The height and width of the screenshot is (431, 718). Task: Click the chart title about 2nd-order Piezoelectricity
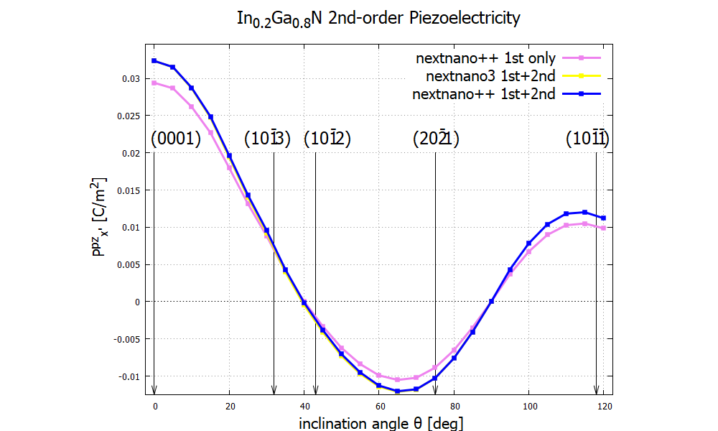[378, 19]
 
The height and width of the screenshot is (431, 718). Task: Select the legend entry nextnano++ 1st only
[486, 58]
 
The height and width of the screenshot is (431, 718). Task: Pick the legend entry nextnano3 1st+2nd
[490, 76]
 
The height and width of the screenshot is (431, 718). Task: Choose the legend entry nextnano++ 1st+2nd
[483, 94]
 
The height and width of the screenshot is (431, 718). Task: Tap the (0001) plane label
[176, 139]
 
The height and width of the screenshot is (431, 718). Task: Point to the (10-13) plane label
[267, 139]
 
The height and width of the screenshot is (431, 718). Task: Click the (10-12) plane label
[327, 139]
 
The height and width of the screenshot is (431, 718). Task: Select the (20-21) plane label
[436, 139]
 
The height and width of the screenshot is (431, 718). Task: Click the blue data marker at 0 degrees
[154, 61]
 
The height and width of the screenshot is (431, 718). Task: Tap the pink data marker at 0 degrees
[154, 83]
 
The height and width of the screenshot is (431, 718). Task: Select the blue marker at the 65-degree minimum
[398, 391]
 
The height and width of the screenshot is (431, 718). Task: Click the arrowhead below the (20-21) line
[435, 390]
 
